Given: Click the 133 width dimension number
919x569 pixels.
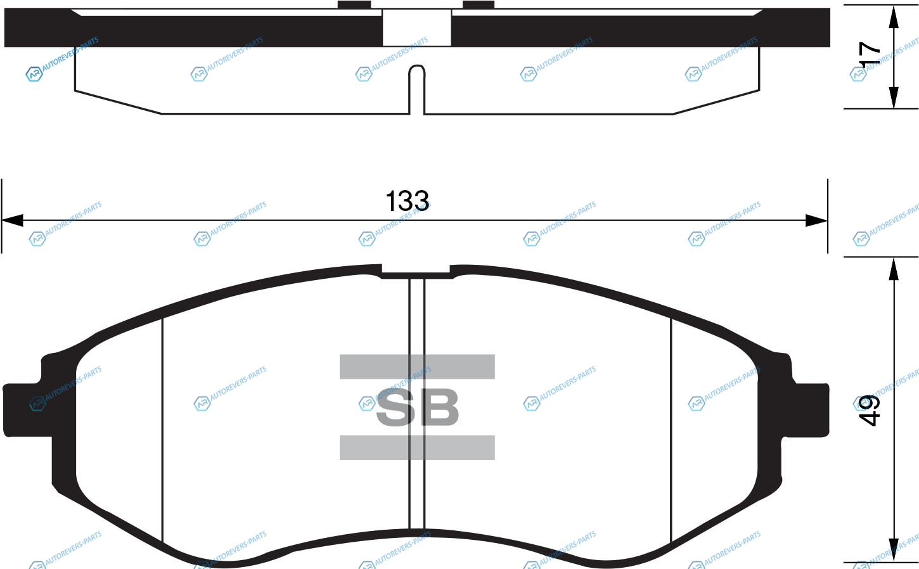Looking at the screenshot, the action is (x=408, y=201).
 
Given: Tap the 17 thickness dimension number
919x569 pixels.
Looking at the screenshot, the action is (x=870, y=54).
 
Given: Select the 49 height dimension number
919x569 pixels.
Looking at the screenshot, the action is (x=868, y=411).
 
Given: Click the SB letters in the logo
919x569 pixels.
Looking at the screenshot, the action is (x=417, y=407).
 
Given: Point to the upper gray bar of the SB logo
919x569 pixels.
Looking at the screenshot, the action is (x=417, y=366).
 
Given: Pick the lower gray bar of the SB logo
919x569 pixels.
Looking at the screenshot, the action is (x=417, y=447).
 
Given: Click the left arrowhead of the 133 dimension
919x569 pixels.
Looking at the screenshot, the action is (x=12, y=221).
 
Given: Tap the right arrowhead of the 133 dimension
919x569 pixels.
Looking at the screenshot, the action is (x=816, y=221).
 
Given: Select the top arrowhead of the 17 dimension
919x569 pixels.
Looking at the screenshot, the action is (x=894, y=16).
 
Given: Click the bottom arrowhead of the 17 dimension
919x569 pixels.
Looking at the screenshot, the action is (x=894, y=98).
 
